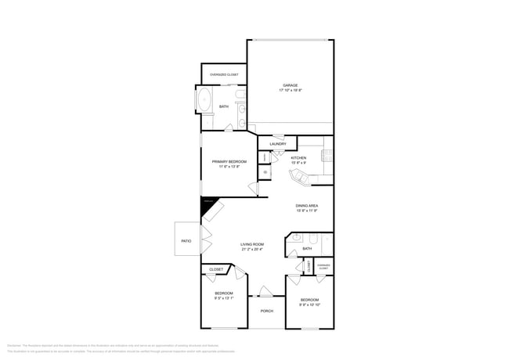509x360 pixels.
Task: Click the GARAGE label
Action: pos(290,85)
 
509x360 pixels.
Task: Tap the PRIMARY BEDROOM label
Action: pos(234,161)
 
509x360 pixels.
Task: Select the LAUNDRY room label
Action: pos(277,144)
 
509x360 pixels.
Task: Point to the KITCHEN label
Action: pos(298,158)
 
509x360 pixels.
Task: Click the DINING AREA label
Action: pos(306,206)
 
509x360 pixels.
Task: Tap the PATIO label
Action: pos(186,241)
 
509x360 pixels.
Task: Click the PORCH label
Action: pos(266,311)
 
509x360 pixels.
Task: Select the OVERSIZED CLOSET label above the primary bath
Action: pos(224,74)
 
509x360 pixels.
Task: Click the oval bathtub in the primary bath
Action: pos(204,101)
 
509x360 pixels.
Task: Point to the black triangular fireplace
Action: pos(208,205)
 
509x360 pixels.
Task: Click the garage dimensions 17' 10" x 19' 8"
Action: pos(290,91)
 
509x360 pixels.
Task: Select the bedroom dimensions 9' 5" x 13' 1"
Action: pos(224,298)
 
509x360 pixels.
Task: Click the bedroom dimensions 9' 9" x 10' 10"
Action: pos(309,304)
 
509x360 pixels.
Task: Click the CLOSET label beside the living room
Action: pos(215,269)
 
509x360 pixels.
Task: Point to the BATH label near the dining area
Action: pos(307,249)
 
